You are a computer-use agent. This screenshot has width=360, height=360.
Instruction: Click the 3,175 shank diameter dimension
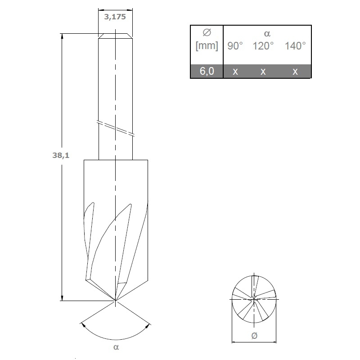click(x=115, y=17)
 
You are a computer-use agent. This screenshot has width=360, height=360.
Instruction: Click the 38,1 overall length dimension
click(x=61, y=155)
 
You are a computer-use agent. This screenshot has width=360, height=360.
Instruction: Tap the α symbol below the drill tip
click(x=116, y=347)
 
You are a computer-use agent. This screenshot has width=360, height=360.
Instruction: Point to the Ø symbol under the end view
click(x=254, y=336)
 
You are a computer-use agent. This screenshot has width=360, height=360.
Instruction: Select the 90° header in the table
click(x=235, y=46)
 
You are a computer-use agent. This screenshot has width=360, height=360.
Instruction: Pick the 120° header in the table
click(x=263, y=46)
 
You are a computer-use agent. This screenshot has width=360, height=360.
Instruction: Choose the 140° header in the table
click(x=295, y=46)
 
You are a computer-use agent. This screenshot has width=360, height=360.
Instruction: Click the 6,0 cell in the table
click(x=207, y=71)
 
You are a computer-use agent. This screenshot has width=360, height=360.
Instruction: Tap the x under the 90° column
click(x=235, y=72)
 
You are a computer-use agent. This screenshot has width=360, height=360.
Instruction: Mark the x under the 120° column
click(x=263, y=72)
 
